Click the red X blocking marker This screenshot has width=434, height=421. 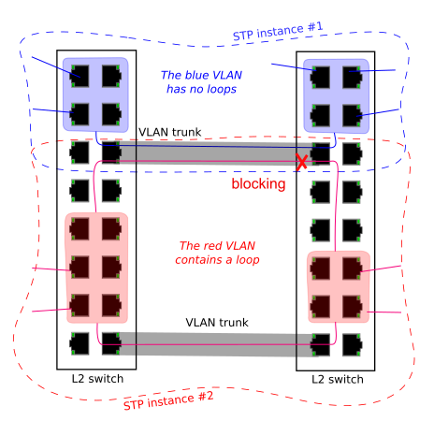301,162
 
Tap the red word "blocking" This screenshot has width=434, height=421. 258,183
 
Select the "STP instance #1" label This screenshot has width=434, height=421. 278,31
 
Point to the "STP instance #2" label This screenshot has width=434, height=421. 168,400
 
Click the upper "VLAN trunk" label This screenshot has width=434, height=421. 170,132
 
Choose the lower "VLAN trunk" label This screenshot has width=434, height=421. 217,323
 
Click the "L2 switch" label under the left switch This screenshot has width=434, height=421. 97,379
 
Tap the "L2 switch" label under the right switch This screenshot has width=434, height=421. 338,380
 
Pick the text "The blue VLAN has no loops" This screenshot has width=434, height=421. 201,82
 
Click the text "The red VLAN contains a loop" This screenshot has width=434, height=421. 217,253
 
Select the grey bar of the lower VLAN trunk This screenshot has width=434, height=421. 215,344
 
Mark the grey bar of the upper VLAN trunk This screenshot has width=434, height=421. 215,153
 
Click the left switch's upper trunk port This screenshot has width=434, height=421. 111,152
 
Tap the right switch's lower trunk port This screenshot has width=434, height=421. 320,345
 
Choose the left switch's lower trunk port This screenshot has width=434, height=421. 111,343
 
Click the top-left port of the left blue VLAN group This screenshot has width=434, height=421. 80,76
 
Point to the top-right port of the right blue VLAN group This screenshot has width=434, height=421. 353,78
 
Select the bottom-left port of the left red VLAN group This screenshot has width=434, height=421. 80,306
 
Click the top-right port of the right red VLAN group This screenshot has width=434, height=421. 353,269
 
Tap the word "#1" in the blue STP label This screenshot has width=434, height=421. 315,26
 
